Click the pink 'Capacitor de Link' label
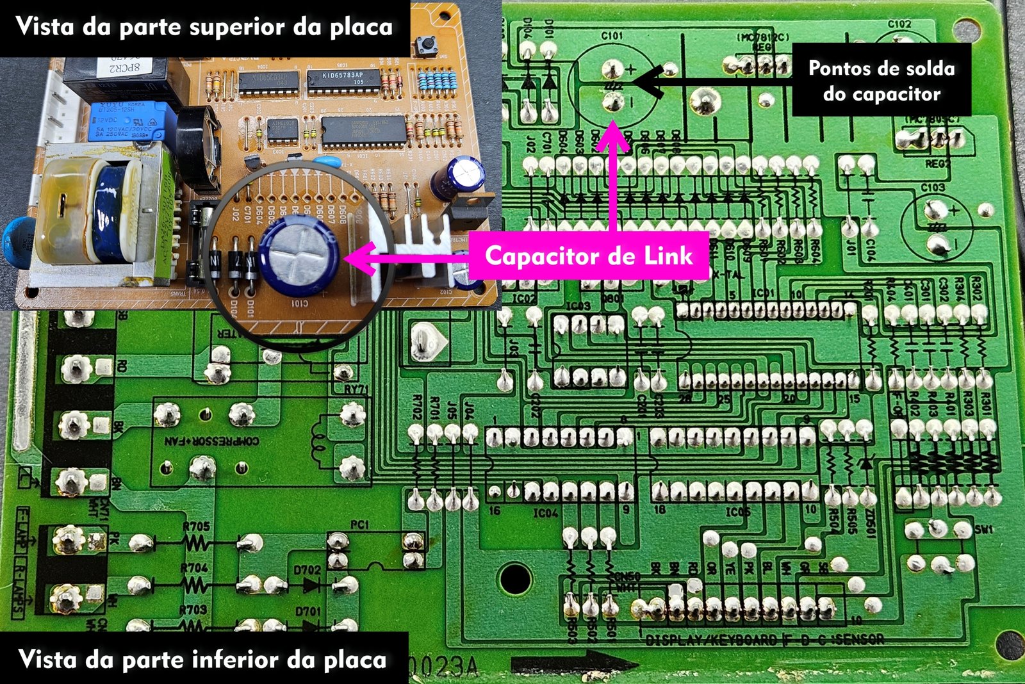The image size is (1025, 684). [589, 256]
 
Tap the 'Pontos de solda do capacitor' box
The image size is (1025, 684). [881, 81]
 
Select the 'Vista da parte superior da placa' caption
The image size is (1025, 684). [204, 28]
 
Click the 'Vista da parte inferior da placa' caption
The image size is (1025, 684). [203, 659]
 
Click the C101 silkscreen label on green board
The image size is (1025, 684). [612, 37]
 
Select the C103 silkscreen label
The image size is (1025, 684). [933, 188]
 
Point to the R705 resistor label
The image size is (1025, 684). [195, 526]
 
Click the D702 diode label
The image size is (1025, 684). [307, 570]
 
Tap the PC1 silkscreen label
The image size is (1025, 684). [359, 525]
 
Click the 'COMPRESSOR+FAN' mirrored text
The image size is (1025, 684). [212, 441]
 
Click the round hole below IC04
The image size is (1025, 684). [516, 578]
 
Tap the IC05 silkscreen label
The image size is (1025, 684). [738, 512]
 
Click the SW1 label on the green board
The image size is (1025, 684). [983, 530]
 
